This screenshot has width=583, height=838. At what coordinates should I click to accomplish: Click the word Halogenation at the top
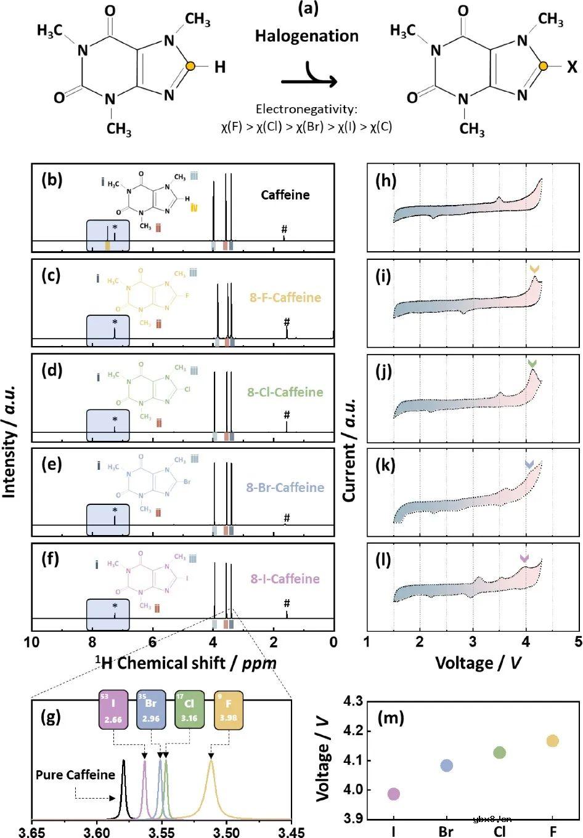point(307,36)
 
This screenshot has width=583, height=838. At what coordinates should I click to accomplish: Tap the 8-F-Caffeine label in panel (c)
point(285,298)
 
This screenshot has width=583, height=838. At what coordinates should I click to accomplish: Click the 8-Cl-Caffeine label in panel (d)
point(285,392)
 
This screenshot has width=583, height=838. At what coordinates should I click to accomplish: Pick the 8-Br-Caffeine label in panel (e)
point(285,488)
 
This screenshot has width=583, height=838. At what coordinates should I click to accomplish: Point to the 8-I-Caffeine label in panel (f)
point(285,579)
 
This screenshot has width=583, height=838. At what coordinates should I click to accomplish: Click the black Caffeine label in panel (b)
point(285,195)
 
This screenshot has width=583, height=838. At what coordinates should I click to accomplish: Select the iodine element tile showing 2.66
point(112,711)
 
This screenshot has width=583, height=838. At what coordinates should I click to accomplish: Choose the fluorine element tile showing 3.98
point(229,711)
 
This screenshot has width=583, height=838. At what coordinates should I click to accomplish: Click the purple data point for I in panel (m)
point(394,794)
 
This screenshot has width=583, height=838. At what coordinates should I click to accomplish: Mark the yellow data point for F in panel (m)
point(552,741)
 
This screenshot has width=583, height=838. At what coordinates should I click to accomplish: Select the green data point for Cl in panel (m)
point(499,752)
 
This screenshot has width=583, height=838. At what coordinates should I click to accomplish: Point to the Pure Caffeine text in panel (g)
point(75,775)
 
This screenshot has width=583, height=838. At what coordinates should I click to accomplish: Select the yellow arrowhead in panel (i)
point(534,269)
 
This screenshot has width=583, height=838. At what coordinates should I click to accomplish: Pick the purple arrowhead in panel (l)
point(524,558)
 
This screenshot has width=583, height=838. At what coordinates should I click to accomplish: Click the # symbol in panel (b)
point(284,229)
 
